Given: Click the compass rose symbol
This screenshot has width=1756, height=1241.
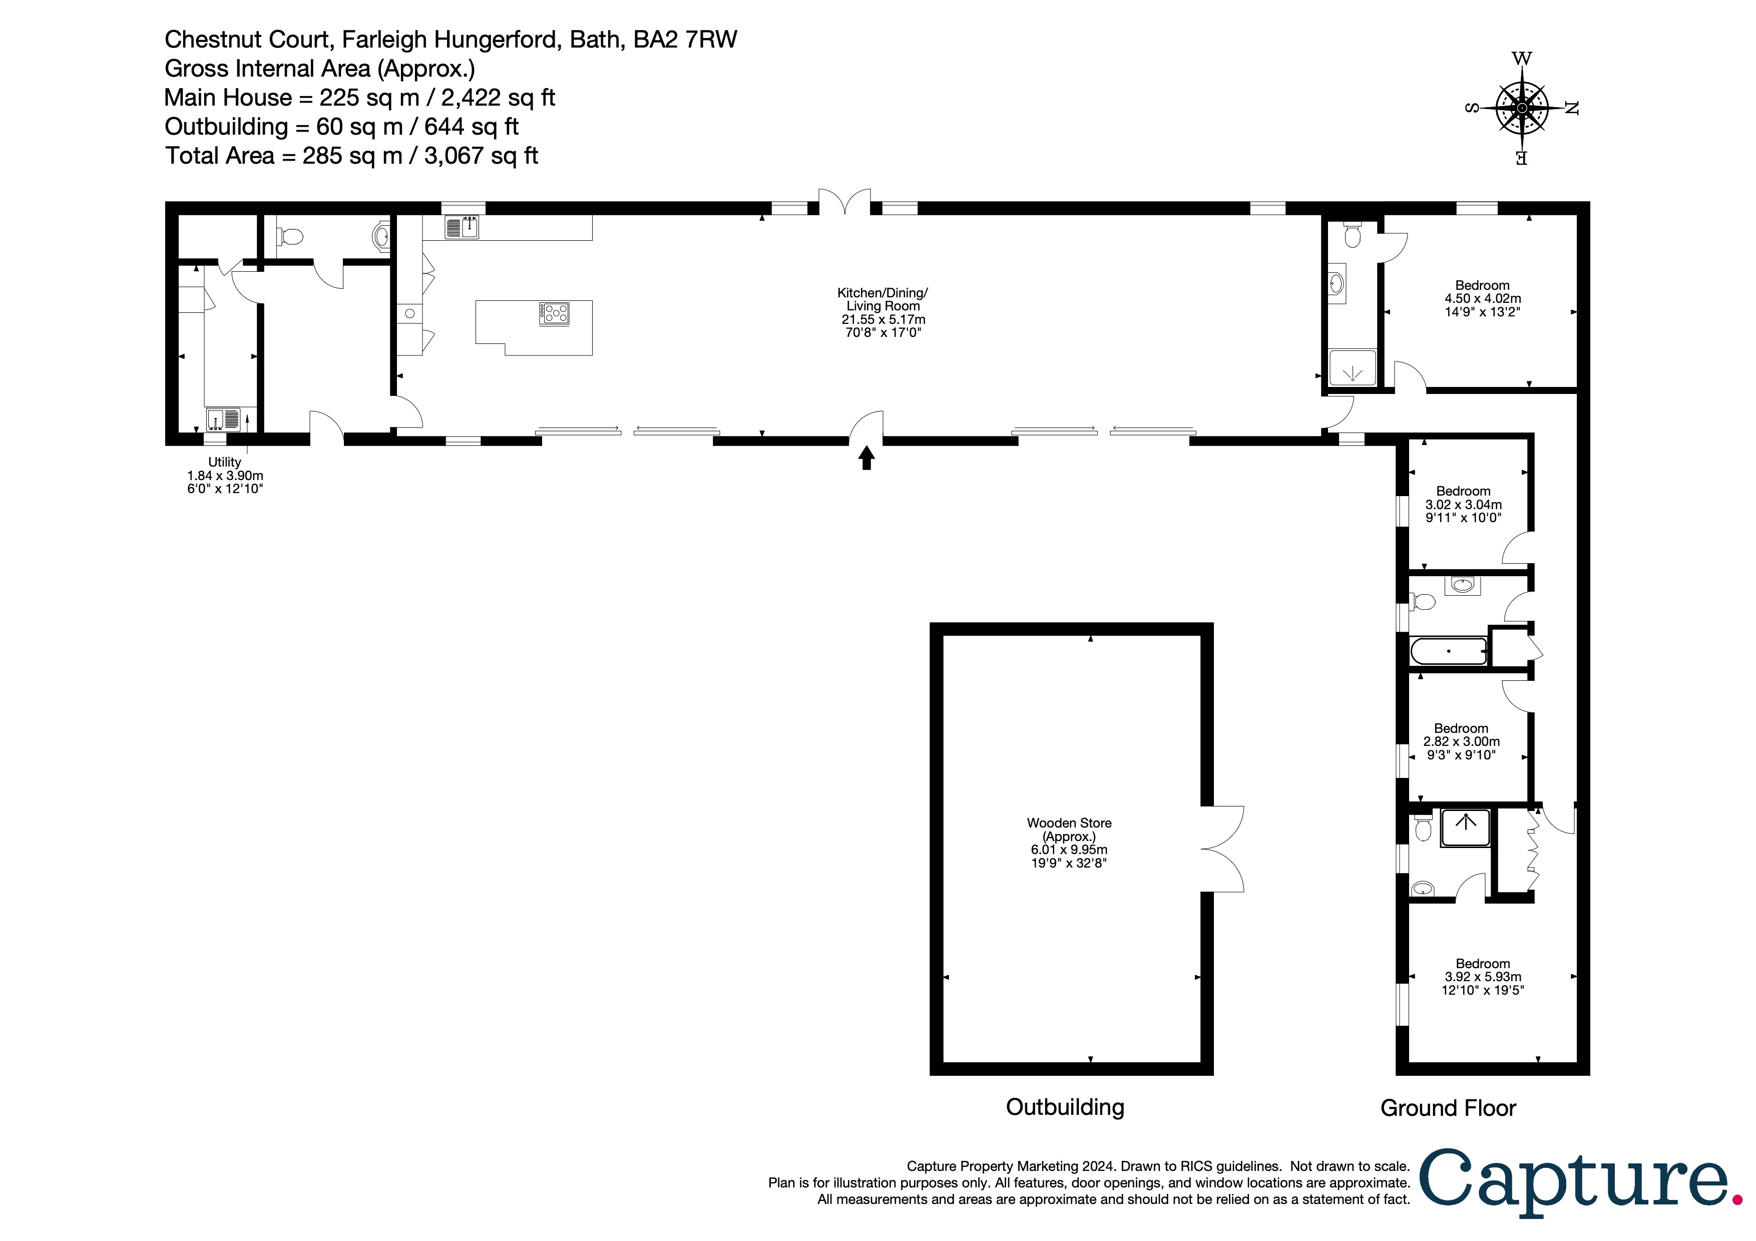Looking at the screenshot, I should click(1521, 109).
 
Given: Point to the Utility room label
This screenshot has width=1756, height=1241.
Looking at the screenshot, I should click(225, 475).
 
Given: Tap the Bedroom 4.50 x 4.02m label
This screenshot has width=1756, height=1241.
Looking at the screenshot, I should click(1482, 298).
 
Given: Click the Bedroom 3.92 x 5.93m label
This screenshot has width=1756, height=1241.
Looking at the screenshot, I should click(1482, 977).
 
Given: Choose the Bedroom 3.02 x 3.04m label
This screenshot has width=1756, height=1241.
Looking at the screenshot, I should click(1463, 504).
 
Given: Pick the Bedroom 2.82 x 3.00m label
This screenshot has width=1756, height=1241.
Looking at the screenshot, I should click(1461, 741).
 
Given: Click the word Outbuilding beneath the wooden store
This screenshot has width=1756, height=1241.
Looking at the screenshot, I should click(1065, 1107).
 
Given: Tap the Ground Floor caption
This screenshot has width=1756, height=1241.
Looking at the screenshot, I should click(1448, 1108).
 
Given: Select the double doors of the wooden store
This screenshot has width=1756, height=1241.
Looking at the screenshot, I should click(1222, 849).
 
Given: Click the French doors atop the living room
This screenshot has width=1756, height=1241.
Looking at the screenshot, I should click(844, 201).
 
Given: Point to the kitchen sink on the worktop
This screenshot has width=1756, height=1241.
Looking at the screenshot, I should click(462, 227).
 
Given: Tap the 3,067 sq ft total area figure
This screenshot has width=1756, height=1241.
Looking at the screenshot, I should click(481, 156).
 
